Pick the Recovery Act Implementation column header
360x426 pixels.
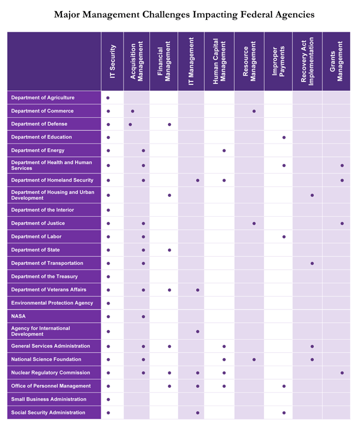307,62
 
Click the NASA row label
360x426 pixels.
18,316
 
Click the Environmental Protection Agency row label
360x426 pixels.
52,303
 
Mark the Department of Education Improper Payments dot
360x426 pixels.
284,138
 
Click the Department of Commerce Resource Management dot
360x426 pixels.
254,111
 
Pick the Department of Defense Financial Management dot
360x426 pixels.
169,124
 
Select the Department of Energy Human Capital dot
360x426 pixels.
224,151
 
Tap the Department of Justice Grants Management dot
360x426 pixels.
342,223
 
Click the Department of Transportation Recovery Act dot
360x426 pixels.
312,264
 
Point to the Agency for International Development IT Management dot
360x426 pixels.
198,332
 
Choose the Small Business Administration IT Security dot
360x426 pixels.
108,400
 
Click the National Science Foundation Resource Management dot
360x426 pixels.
254,360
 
